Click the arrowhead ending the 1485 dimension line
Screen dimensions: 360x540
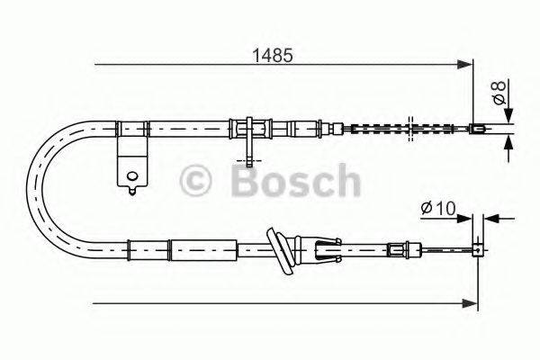[466, 64]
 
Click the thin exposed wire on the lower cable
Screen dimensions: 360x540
[441, 251]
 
